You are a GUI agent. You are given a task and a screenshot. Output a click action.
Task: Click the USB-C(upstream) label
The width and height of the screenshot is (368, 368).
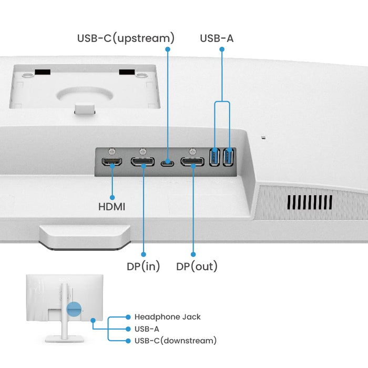coord(126,38)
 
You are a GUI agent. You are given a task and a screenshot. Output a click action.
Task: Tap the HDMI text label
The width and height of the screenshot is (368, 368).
coord(112,207)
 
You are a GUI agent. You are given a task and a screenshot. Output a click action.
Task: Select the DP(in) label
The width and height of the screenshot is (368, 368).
coord(144,267)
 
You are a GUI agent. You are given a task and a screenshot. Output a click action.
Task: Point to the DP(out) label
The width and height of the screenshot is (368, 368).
coord(197,267)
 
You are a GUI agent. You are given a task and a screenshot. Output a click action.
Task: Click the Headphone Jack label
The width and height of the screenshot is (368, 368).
coord(167,317)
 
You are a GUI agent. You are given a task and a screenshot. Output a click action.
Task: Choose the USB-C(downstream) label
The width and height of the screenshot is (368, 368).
coord(175,341)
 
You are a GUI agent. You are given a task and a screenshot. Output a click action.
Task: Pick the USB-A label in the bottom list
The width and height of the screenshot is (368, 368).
coord(147,329)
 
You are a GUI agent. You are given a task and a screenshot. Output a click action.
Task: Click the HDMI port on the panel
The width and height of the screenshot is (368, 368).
coord(112,161)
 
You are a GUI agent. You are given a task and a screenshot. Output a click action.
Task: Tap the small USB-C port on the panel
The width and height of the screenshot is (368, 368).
coord(168,162)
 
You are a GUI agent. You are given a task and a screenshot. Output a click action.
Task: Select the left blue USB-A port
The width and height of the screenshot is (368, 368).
coord(214,157)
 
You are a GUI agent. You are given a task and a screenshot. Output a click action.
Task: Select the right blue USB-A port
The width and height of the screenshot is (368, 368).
coord(228,157)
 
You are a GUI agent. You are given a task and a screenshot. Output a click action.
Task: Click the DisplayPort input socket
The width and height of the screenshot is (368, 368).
coord(142,161)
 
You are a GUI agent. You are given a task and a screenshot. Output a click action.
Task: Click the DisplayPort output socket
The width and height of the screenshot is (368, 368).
coord(192,161)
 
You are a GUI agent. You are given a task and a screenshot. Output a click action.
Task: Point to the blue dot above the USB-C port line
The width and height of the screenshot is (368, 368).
coord(168,49)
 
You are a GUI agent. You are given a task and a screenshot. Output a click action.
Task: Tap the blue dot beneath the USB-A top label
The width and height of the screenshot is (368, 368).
coord(221,49)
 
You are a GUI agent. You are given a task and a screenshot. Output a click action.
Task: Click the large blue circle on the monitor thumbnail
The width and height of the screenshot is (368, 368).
coord(75,309)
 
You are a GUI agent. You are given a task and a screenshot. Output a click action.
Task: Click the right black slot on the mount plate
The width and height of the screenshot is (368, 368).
coord(127,71)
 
